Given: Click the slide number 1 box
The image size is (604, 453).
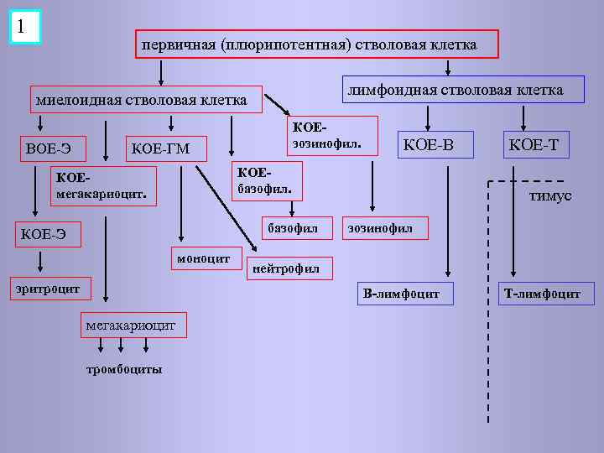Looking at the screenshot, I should point(25,27).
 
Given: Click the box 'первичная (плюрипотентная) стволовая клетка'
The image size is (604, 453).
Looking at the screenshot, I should point(317,44).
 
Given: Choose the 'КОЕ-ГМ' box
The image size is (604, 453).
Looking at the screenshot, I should point(162,149).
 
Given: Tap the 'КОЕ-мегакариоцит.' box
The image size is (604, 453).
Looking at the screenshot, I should point(103,186).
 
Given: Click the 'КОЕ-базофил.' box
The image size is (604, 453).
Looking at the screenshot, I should point(264,179).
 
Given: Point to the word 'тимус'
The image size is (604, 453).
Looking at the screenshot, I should point(550,195).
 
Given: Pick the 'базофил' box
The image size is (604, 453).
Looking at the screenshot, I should point(293,228).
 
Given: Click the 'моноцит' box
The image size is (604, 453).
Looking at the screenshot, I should point(204,258).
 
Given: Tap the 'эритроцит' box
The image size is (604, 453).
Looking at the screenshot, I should point(47,289).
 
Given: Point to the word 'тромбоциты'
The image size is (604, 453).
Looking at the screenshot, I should point(124,369).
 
